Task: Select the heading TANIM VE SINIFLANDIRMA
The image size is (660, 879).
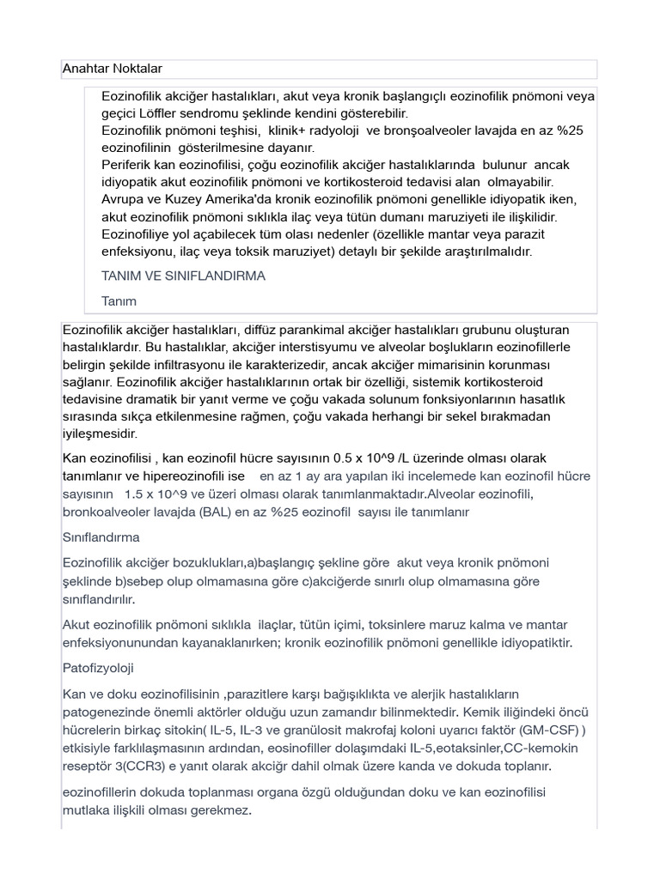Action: click(183, 276)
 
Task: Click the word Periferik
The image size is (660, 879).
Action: click(129, 164)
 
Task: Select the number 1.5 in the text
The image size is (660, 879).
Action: click(136, 494)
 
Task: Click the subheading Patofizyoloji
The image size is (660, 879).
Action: click(98, 667)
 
